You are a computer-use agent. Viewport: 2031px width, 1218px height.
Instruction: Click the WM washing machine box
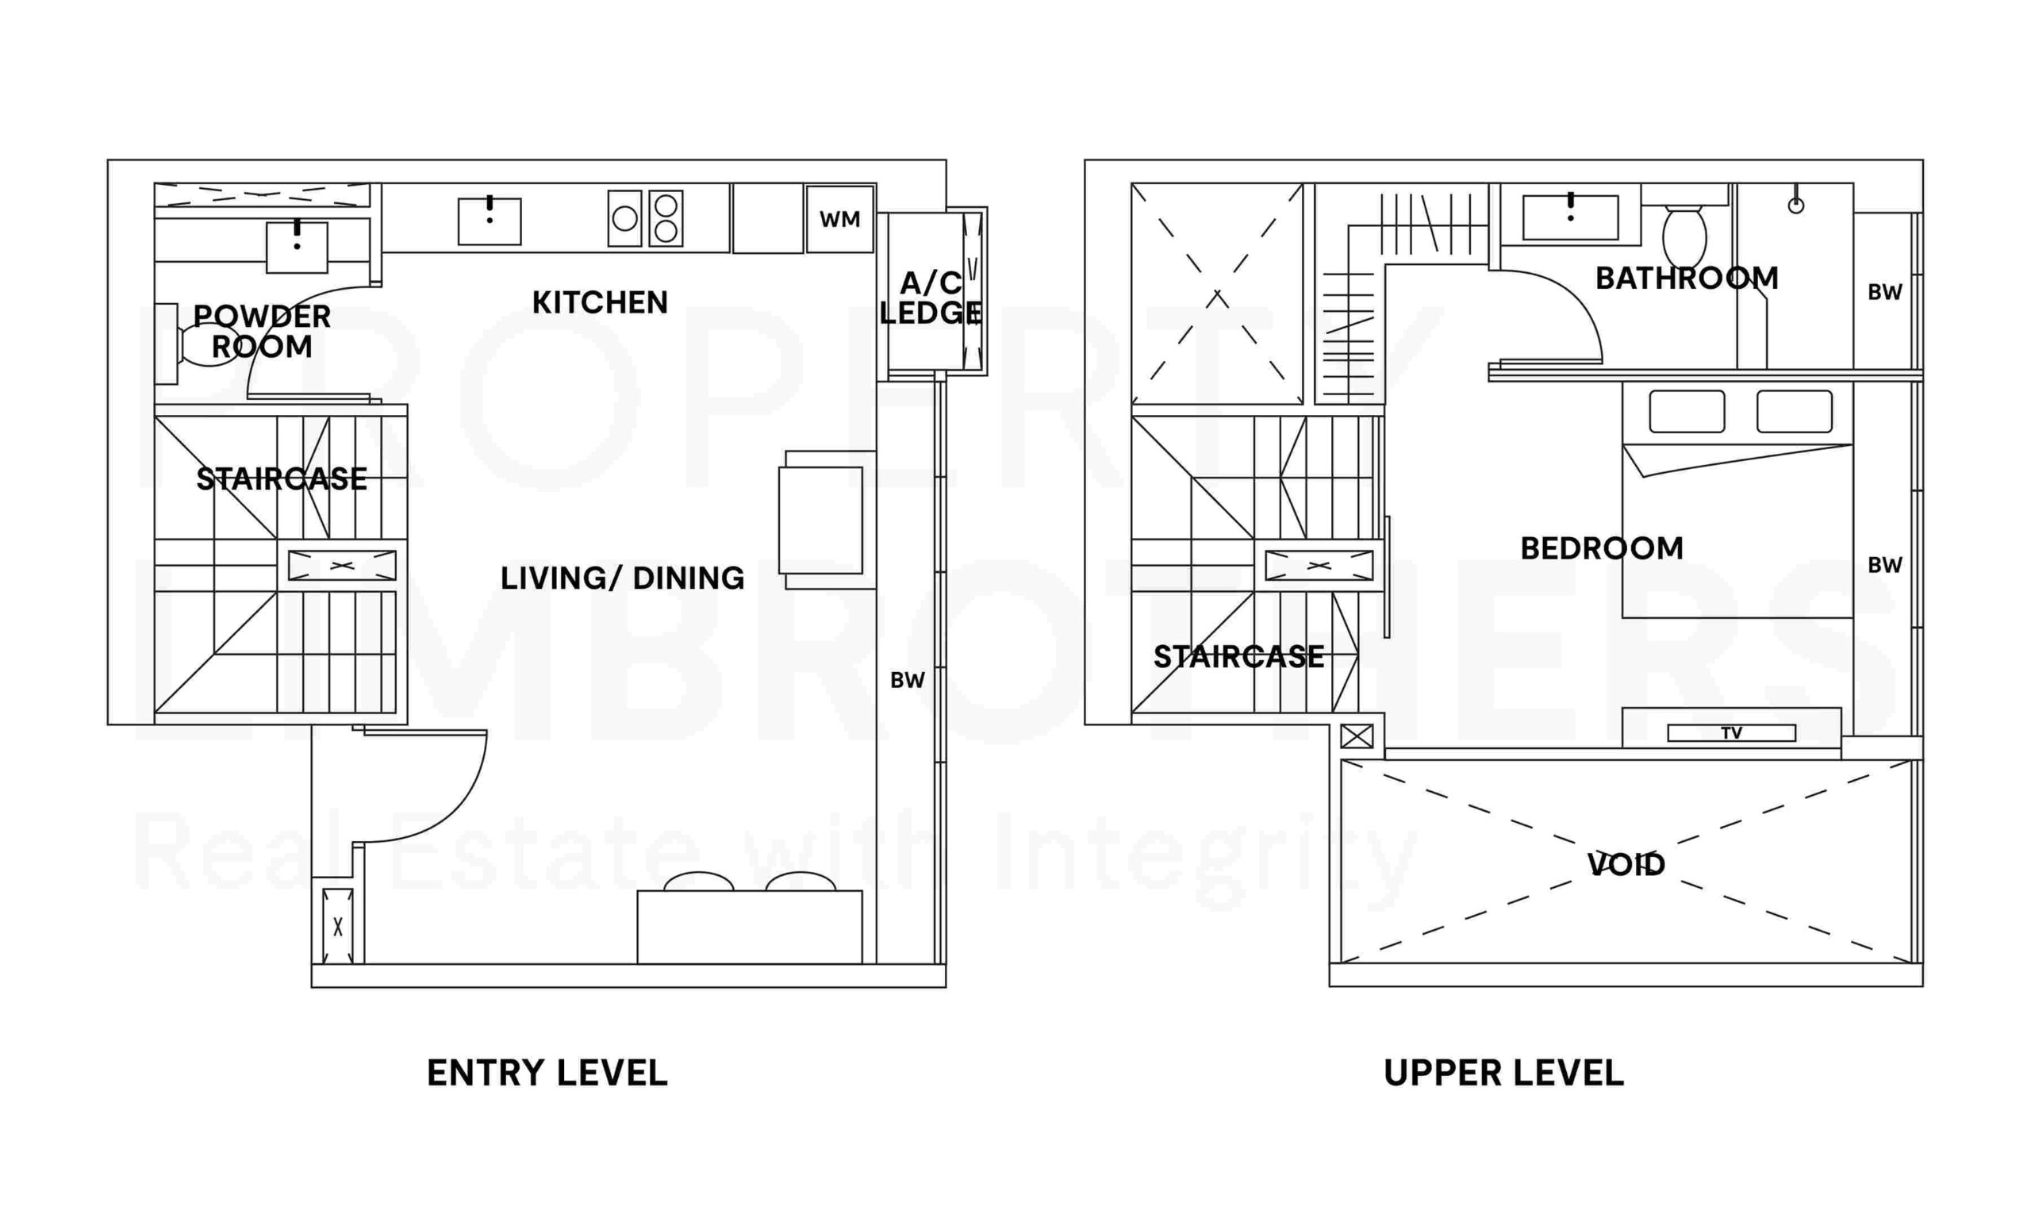coord(839,219)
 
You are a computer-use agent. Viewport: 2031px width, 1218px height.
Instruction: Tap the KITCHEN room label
coord(600,302)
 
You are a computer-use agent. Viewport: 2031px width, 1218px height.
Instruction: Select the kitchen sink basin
coord(489,221)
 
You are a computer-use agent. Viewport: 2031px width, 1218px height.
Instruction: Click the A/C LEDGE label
coord(930,298)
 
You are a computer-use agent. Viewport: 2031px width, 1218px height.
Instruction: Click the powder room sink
coord(296,246)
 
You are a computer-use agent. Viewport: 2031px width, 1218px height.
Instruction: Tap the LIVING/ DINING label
coord(622,578)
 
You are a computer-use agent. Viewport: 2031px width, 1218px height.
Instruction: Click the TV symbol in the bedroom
coord(1730,733)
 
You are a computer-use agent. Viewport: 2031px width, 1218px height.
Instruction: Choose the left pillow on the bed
coord(1687,411)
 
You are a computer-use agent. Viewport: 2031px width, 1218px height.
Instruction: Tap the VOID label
coord(1626,864)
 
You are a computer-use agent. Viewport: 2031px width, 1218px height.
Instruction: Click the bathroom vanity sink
coord(1570,217)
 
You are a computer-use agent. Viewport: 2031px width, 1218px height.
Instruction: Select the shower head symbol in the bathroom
coord(1795,206)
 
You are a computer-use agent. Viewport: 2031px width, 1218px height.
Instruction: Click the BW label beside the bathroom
coord(1884,292)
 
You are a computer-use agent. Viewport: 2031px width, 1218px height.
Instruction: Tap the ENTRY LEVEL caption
coord(547,1073)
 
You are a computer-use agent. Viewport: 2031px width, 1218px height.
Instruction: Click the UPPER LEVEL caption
coord(1503,1073)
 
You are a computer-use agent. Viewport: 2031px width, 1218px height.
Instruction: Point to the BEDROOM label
coord(1601,548)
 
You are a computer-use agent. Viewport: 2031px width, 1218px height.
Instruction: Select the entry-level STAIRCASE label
coord(282,478)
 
